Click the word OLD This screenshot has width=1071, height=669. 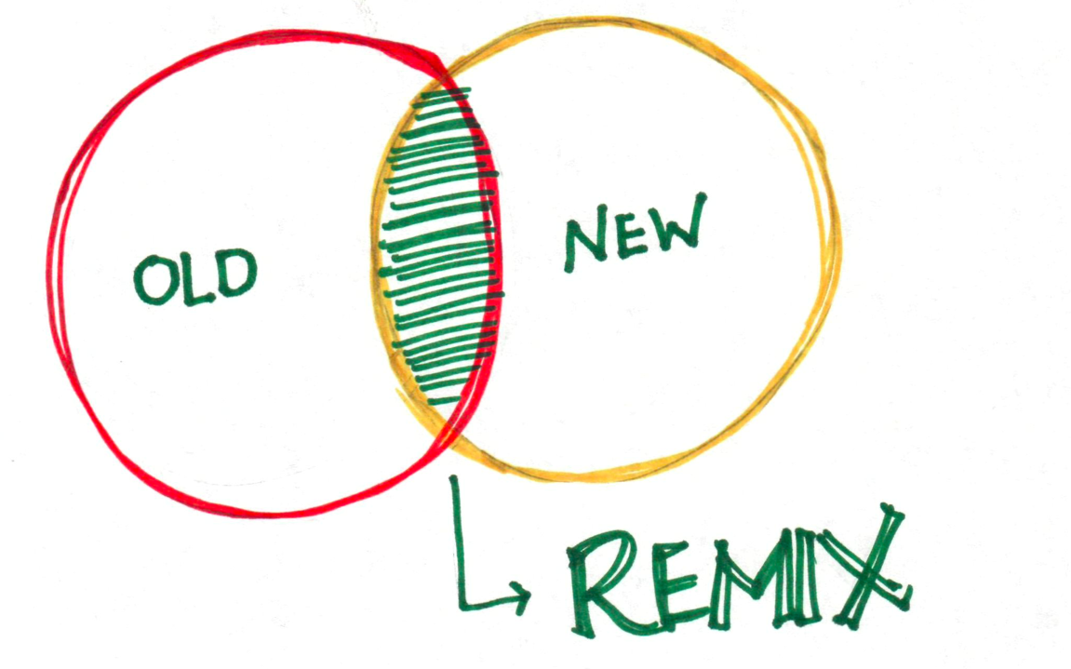coord(194,275)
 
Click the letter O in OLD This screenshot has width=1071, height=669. coord(154,281)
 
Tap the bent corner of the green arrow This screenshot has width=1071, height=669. coord(460,604)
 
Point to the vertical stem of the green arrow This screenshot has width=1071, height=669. coord(455,540)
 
